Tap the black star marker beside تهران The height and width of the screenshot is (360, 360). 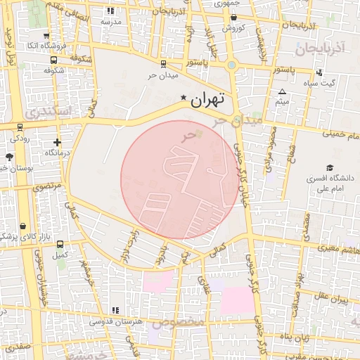pos(184,97)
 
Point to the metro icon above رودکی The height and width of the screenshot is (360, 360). pos(20,129)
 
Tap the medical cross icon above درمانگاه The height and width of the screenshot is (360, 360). pos(56,143)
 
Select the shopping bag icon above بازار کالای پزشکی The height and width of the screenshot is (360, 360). pos(25,227)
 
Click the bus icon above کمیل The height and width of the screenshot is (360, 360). pos(61,244)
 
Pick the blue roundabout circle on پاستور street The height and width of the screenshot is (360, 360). pos(231,65)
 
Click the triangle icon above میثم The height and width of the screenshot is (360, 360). pos(282,92)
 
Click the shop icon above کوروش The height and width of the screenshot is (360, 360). pos(233,18)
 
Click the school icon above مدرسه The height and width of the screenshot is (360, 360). pos(110,11)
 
